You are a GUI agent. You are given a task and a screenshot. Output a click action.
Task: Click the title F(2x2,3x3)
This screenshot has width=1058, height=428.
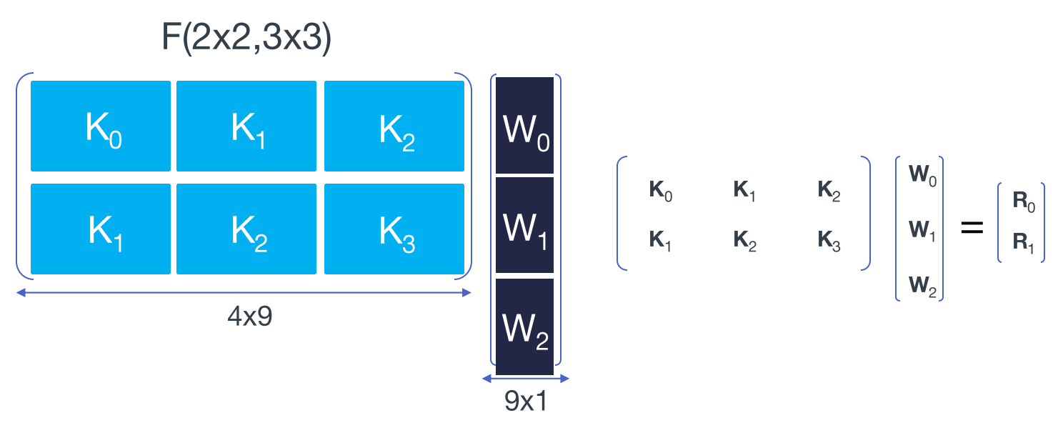pos(246,39)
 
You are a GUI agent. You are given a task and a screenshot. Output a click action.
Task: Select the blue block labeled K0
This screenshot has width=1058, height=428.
pos(101,126)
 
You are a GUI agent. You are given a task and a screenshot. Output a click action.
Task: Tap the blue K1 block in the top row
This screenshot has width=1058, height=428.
pos(246,126)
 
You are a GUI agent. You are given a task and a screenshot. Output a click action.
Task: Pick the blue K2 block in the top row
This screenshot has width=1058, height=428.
pos(394,126)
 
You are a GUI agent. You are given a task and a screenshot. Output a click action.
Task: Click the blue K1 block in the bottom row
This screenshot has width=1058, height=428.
pos(101,229)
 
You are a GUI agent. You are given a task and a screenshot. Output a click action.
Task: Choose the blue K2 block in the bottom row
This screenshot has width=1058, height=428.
pos(246,229)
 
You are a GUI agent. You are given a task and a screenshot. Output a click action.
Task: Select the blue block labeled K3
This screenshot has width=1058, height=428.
pos(394,229)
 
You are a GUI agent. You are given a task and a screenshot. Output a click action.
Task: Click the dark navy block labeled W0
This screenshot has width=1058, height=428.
pos(525,125)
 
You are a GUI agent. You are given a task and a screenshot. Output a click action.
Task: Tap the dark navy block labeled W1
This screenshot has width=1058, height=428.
pos(525,225)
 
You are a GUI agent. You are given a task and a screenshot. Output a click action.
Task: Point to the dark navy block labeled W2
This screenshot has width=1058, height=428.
pos(525,327)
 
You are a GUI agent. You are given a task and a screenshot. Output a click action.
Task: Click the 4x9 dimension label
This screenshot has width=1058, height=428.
pos(249,317)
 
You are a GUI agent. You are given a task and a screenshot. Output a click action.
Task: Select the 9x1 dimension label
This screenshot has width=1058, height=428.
pos(526,402)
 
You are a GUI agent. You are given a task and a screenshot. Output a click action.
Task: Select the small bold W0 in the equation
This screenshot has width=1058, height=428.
pos(919,176)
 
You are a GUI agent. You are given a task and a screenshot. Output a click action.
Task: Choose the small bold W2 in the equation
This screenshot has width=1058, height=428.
pos(919,286)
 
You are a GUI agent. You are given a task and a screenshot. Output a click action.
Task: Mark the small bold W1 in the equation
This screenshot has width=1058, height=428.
pos(919,230)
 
